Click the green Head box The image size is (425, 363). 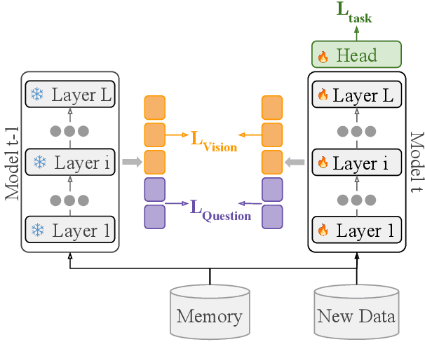pyautogui.click(x=356, y=54)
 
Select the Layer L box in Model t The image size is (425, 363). pyautogui.click(x=356, y=95)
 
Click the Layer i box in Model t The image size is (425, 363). pyautogui.click(x=356, y=163)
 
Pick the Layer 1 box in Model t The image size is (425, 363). pyautogui.click(x=356, y=229)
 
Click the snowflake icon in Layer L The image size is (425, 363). pyautogui.click(x=39, y=95)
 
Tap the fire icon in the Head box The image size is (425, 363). pyautogui.click(x=323, y=56)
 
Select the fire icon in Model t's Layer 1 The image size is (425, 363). pyautogui.click(x=323, y=230)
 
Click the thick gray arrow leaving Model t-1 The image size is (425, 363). pyautogui.click(x=130, y=163)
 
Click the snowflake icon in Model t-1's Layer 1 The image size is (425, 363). pyautogui.click(x=39, y=230)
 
